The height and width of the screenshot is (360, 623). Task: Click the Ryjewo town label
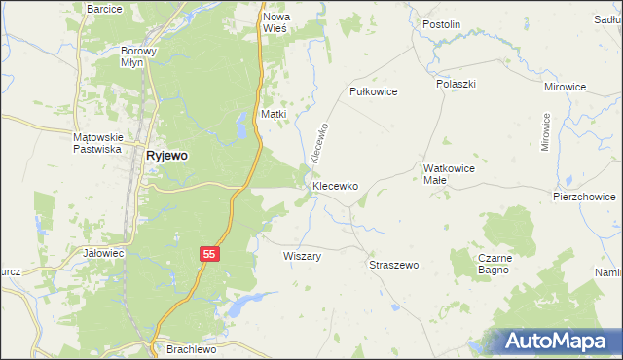coord(166,155)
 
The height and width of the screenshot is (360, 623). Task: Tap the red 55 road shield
coord(209,253)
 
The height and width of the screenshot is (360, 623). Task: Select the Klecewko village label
coord(336,185)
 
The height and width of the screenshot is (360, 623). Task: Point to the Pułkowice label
coord(375,90)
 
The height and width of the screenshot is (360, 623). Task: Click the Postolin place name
coord(441,23)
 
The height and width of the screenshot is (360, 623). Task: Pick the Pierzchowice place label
coord(584,196)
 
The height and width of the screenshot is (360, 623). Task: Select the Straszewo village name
coord(394,265)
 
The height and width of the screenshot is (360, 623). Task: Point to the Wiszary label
coord(302,257)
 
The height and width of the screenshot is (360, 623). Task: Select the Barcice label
coord(104,9)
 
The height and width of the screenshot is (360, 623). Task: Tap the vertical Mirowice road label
coord(546,133)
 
